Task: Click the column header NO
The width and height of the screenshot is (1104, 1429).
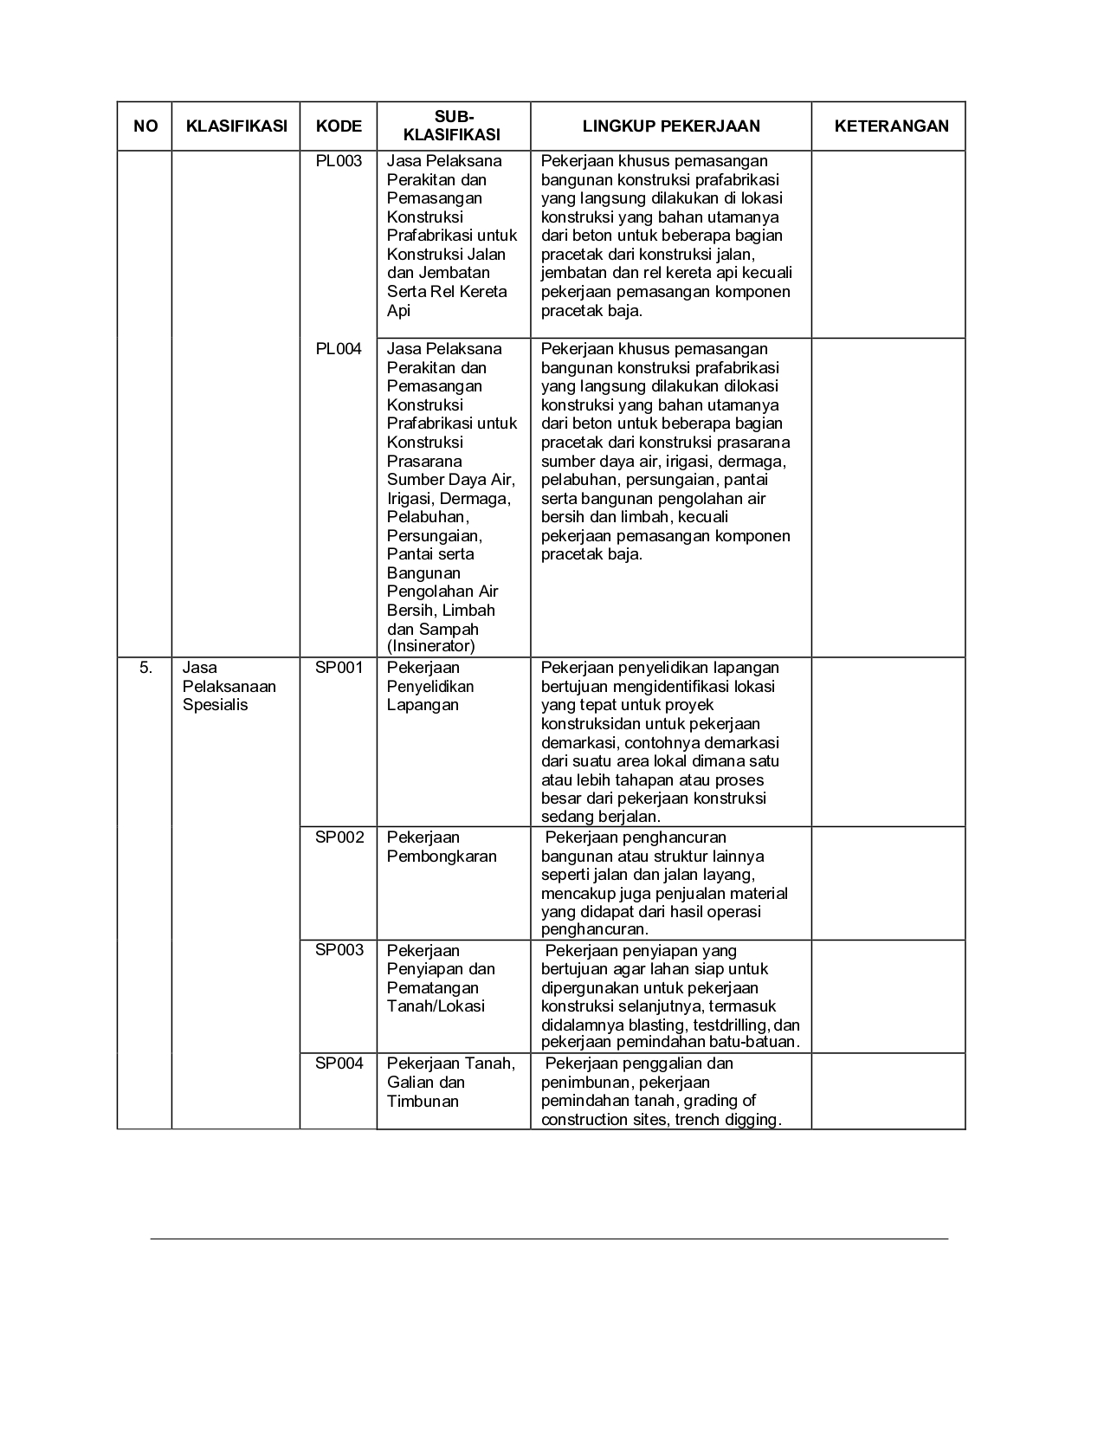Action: click(x=145, y=126)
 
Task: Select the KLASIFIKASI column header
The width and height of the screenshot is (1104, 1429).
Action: click(x=236, y=126)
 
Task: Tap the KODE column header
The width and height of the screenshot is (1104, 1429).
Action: click(x=339, y=126)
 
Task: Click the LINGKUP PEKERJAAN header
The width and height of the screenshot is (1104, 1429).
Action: click(x=671, y=126)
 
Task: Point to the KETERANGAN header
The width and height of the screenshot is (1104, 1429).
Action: click(x=891, y=126)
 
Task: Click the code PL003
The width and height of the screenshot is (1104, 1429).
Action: click(x=339, y=161)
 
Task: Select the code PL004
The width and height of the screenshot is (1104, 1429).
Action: click(x=339, y=349)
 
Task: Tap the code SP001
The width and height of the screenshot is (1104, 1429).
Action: click(x=339, y=668)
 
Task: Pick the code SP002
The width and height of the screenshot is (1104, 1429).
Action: click(x=339, y=837)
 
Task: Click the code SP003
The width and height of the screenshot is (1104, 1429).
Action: click(x=339, y=950)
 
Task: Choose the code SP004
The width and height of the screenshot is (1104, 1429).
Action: click(x=339, y=1064)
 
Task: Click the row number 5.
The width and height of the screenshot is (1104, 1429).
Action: click(x=145, y=668)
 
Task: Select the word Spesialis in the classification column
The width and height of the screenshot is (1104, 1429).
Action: click(x=215, y=705)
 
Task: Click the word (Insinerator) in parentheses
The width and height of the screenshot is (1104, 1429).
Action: click(x=431, y=646)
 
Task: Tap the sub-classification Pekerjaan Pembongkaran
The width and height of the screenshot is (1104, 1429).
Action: click(x=442, y=847)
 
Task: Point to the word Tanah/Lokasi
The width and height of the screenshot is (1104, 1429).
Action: click(x=436, y=1006)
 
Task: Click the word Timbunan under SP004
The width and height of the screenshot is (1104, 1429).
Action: click(x=423, y=1102)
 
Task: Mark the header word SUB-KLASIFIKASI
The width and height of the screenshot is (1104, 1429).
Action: click(x=453, y=126)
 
